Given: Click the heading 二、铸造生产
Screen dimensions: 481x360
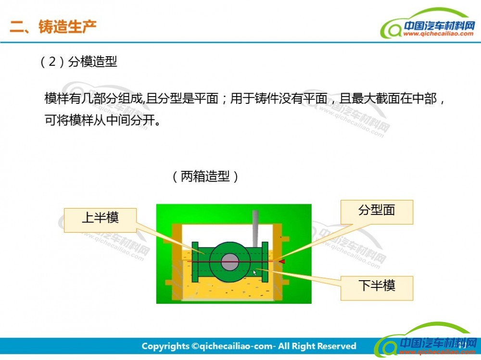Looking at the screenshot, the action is click(x=53, y=26).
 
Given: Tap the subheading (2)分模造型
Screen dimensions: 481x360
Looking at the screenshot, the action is click(x=78, y=62).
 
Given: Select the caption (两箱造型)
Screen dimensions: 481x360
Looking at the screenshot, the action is click(x=205, y=176).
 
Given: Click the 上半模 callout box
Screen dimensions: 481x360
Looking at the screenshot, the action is click(x=100, y=220).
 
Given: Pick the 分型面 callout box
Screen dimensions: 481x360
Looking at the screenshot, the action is click(x=377, y=212).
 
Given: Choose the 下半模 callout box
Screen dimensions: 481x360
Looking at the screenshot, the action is click(x=377, y=288).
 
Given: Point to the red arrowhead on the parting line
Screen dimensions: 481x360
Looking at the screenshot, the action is click(x=281, y=261).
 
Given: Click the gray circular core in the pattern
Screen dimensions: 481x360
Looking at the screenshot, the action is click(x=230, y=262).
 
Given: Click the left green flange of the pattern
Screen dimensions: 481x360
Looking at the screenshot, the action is click(x=195, y=262).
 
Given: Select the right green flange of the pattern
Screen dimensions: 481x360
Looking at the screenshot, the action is click(x=265, y=262).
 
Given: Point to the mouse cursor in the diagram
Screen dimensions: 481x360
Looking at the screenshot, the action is click(x=254, y=273).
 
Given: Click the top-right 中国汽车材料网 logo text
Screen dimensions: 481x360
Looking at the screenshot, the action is click(x=439, y=25).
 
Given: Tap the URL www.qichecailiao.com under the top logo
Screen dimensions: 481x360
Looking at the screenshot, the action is click(x=438, y=34).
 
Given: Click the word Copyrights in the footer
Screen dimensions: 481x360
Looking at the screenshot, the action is click(x=165, y=346).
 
